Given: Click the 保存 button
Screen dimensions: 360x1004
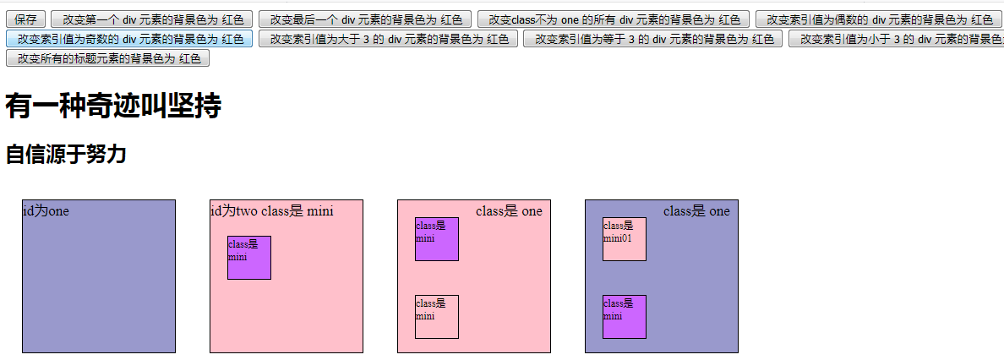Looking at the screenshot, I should coord(25,19).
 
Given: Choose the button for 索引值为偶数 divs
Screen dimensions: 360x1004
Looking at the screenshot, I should coord(879,19).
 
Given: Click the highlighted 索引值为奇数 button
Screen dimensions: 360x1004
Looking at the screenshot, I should coord(128,38).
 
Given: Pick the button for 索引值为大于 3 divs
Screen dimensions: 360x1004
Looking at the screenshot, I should coord(388,38).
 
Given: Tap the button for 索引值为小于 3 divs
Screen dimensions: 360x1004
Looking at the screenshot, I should coord(896,38).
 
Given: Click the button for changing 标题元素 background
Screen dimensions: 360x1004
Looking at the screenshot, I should coord(107,57).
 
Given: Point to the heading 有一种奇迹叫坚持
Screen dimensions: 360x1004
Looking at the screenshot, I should coord(113,107).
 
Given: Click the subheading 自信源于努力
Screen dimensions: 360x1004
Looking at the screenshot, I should coord(66,155).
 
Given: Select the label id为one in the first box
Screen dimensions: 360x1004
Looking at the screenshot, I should coord(46,211).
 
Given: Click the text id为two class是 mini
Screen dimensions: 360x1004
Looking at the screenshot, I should coord(271,211).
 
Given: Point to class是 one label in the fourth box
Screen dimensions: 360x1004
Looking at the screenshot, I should coord(696,211).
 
